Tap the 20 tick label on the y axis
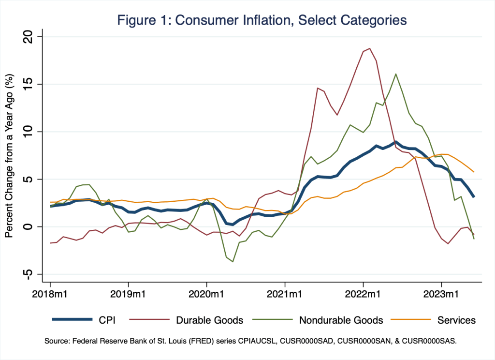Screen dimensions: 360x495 pyautogui.click(x=34, y=37)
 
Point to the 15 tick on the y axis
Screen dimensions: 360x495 pyautogui.click(x=34, y=84)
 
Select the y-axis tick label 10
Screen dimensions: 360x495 pyautogui.click(x=34, y=132)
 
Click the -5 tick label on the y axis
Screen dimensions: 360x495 pyautogui.click(x=34, y=274)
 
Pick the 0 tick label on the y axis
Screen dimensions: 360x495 pyautogui.click(x=34, y=226)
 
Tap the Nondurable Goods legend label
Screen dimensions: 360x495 pyautogui.click(x=341, y=320)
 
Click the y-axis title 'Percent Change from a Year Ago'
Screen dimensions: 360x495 pyautogui.click(x=9, y=155)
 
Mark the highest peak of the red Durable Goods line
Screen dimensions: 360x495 pyautogui.click(x=370, y=48)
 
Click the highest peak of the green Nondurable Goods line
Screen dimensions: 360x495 pyautogui.click(x=396, y=74)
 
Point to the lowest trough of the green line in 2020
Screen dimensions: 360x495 pyautogui.click(x=233, y=262)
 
